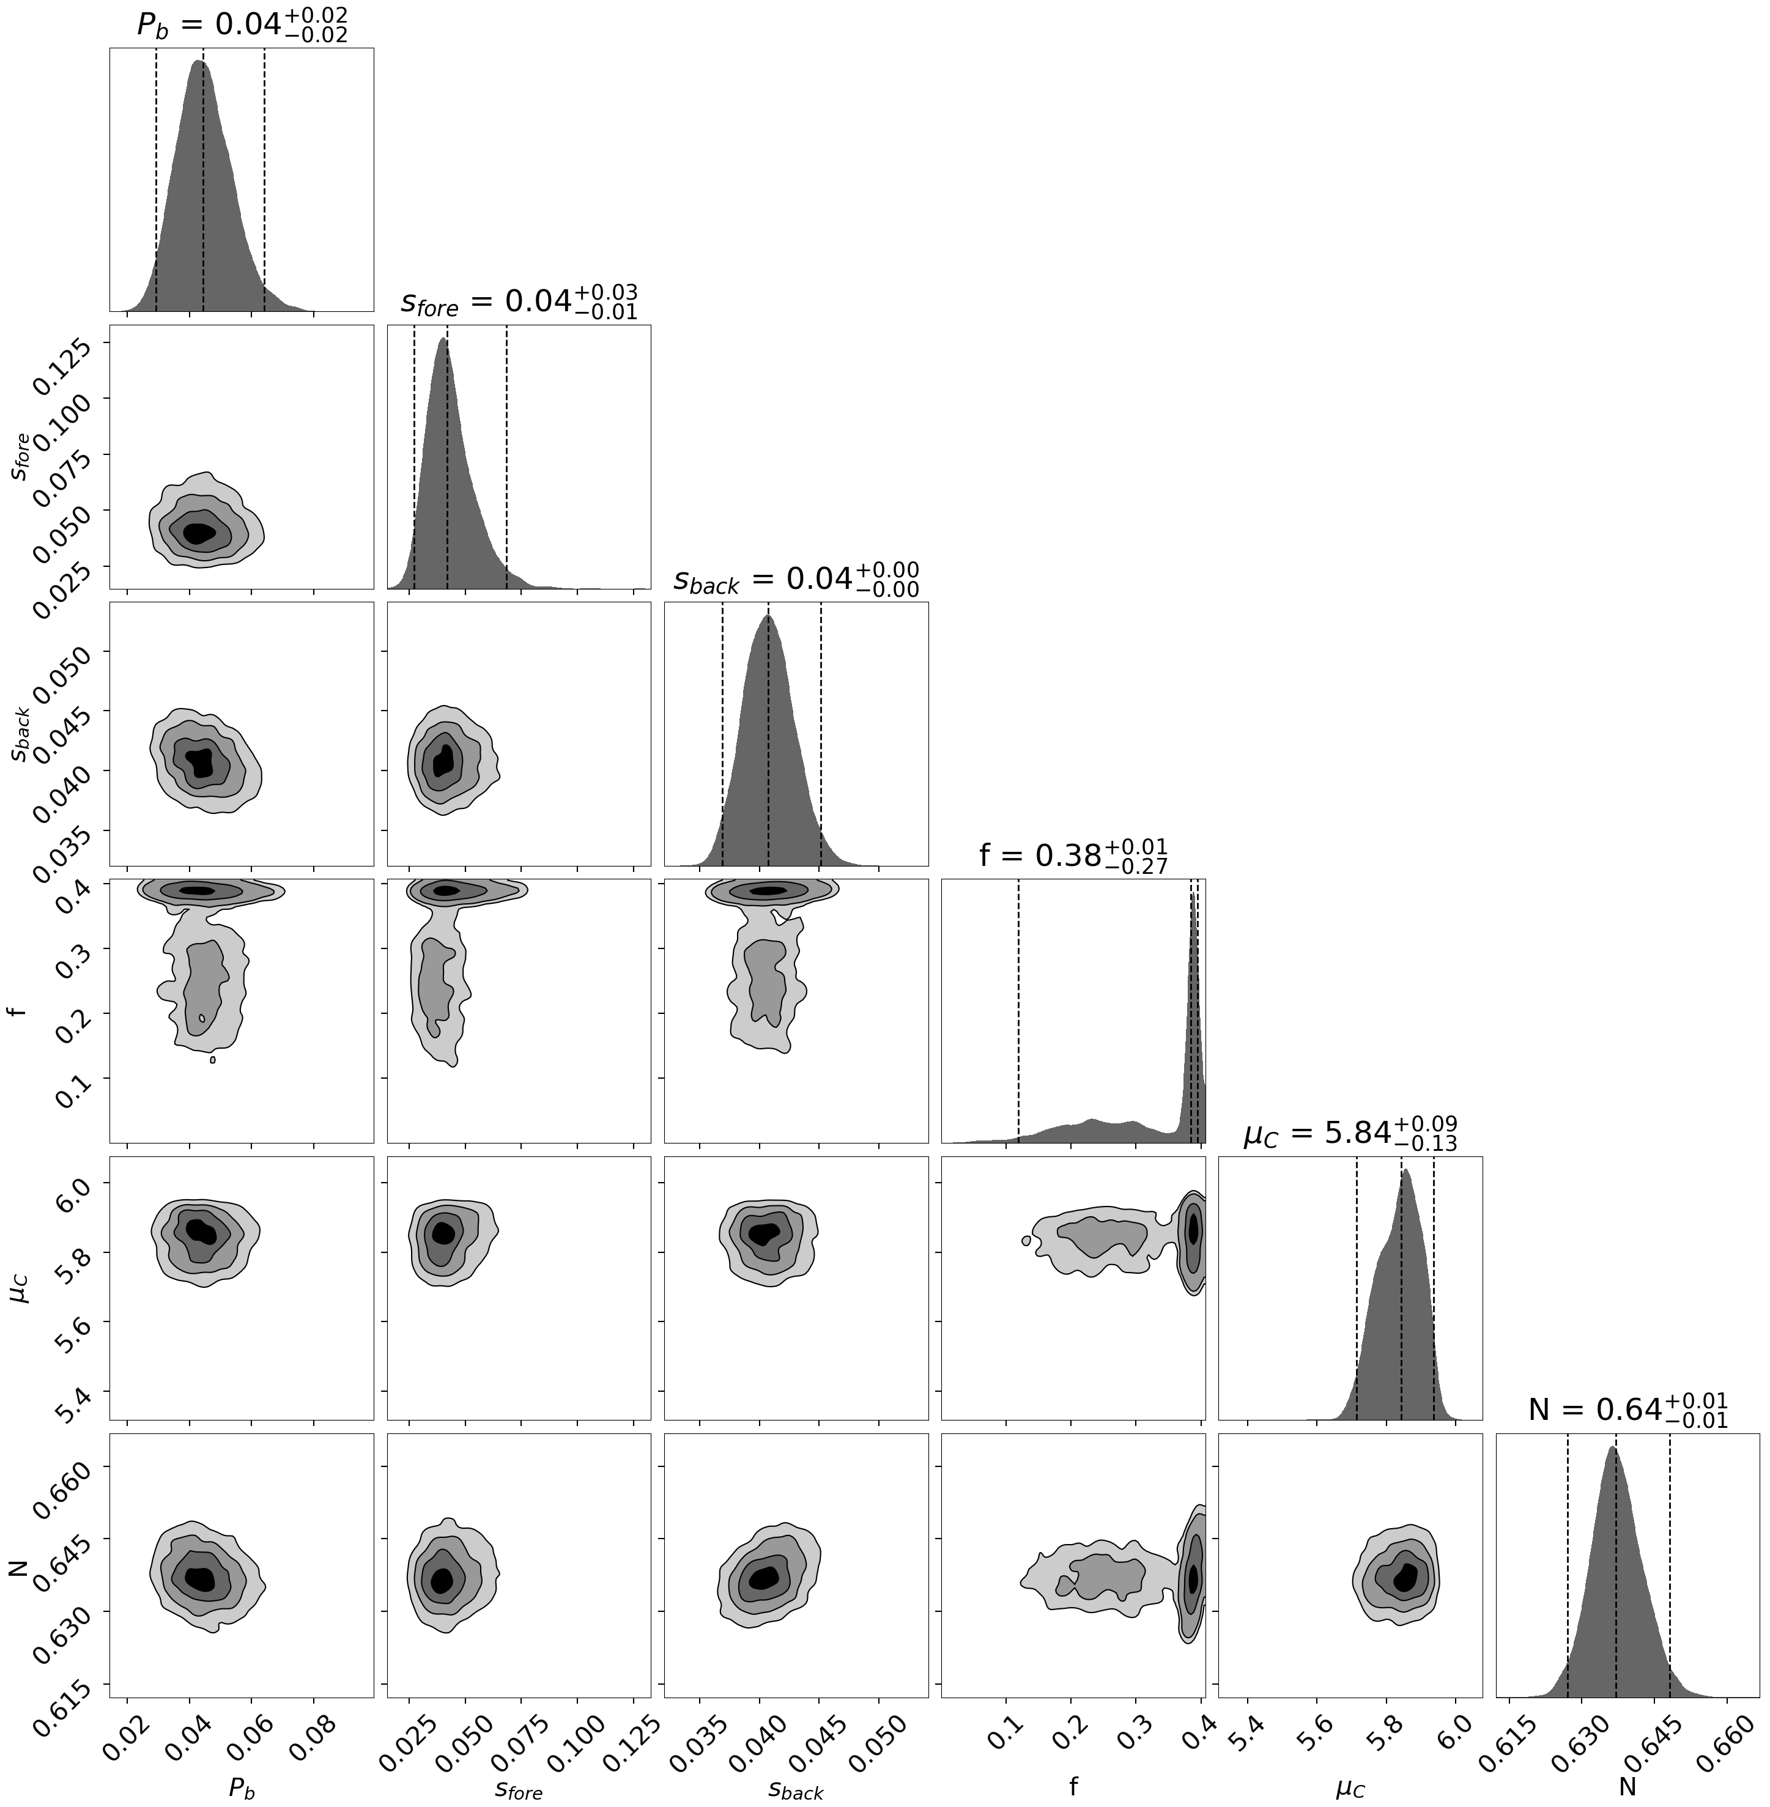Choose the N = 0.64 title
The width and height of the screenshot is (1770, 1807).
[1627, 1410]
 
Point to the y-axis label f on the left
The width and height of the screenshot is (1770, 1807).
[17, 1010]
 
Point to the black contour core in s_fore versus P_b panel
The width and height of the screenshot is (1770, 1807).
[199, 533]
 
